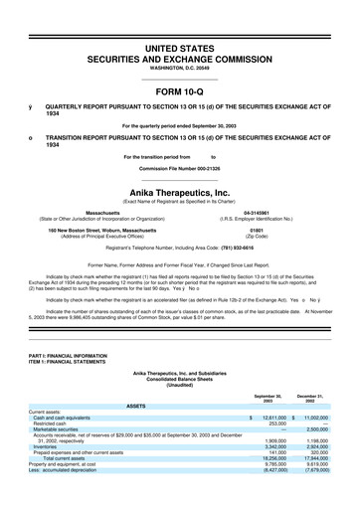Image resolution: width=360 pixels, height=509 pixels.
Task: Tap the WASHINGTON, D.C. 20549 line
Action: point(179,69)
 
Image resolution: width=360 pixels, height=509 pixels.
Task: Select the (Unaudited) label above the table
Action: point(179,385)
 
